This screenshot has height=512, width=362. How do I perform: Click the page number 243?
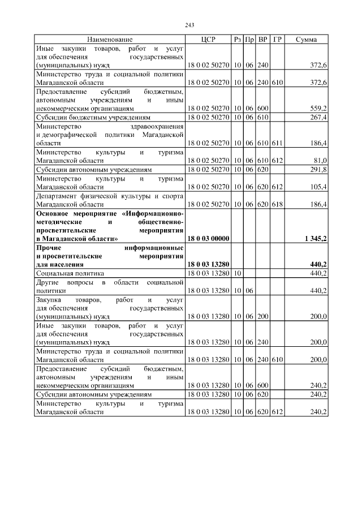(x=189, y=25)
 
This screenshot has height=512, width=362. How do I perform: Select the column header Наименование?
(x=110, y=40)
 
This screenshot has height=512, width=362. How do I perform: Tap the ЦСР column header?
(x=208, y=40)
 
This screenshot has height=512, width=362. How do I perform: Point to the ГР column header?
(x=277, y=40)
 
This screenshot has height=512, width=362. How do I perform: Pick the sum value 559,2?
(x=318, y=107)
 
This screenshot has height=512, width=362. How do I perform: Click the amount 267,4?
(x=318, y=117)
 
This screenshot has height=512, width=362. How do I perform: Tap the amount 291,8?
(x=318, y=170)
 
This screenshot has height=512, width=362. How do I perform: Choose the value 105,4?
(x=318, y=187)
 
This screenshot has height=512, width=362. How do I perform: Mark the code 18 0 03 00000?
(x=208, y=239)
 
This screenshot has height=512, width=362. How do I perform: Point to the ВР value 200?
(x=262, y=317)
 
